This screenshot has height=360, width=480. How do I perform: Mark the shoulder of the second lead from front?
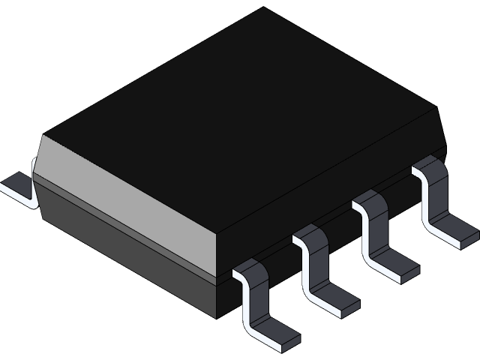point(310,236)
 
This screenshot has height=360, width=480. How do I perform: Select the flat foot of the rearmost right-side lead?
point(456,232)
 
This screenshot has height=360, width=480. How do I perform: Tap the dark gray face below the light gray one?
point(127,240)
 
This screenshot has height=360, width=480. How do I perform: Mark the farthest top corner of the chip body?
point(263,8)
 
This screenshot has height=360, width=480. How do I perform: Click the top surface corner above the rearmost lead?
point(437,109)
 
